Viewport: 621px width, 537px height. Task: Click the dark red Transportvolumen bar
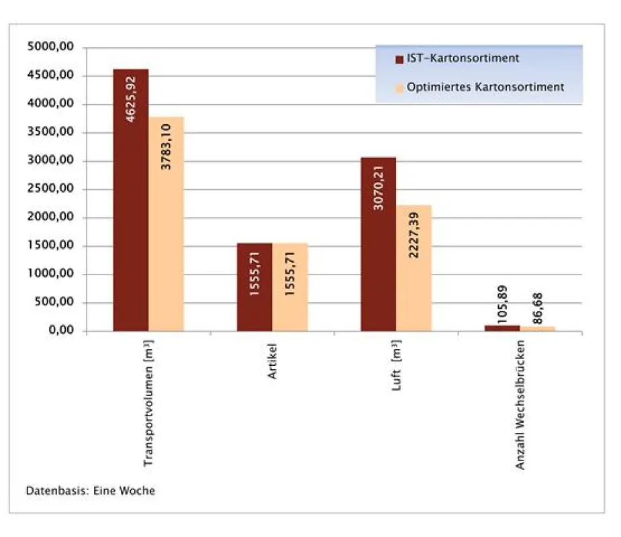(x=131, y=200)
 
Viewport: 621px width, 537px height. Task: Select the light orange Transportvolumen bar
(x=166, y=224)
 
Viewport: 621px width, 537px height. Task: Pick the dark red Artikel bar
(x=254, y=287)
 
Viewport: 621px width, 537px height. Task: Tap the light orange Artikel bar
(x=290, y=287)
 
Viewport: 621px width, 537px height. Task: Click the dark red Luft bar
(x=378, y=244)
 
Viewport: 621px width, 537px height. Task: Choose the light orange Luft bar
(x=414, y=268)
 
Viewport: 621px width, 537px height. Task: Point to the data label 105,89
(x=502, y=304)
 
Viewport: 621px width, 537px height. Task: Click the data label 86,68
(x=538, y=309)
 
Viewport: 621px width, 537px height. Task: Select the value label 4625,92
(x=130, y=99)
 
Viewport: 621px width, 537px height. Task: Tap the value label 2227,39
(x=414, y=235)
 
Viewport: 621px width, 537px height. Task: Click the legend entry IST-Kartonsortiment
(x=457, y=58)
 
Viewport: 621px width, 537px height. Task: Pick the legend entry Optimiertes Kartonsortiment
(x=479, y=87)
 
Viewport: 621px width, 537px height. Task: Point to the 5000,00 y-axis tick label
(x=50, y=47)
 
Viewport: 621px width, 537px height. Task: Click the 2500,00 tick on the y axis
(x=50, y=189)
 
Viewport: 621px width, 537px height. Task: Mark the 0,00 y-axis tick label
(x=61, y=330)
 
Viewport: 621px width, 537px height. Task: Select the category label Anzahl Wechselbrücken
(x=520, y=405)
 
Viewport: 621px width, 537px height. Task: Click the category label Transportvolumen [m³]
(x=148, y=403)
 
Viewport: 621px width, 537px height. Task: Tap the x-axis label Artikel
(x=272, y=361)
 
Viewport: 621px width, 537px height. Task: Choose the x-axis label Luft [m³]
(x=397, y=365)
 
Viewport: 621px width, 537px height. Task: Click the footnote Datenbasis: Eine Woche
(x=91, y=491)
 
